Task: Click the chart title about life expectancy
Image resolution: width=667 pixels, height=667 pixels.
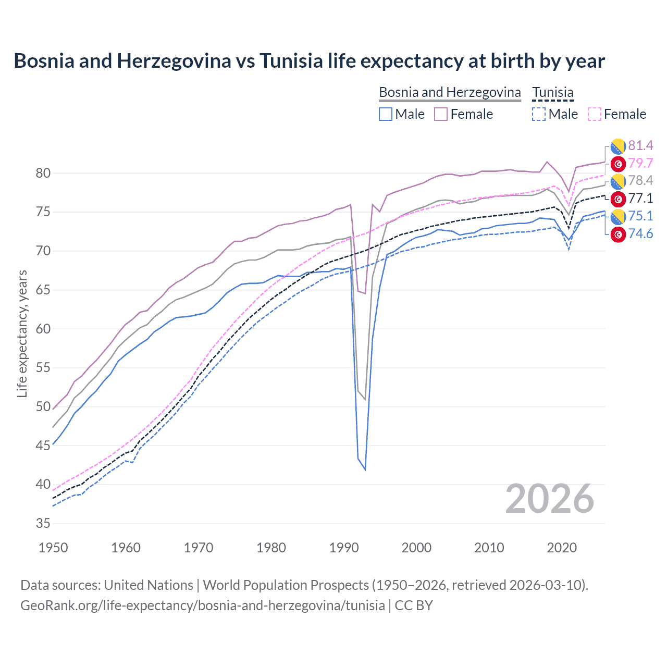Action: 309,61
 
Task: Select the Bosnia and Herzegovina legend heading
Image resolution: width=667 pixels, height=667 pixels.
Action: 450,92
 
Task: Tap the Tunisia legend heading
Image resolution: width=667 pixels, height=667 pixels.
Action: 552,92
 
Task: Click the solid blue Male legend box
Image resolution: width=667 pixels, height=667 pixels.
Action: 386,114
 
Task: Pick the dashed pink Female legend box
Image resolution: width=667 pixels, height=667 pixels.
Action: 595,114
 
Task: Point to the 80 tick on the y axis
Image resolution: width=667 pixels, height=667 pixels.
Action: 43,173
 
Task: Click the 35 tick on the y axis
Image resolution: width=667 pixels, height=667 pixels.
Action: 43,523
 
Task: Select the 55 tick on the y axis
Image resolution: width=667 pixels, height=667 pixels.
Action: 43,367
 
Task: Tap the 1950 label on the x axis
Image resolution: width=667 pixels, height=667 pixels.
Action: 53,548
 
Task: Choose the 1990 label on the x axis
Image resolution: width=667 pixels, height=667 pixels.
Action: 344,548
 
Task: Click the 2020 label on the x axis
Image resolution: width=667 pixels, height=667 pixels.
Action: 562,548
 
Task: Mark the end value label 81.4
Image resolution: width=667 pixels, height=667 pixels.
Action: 640,145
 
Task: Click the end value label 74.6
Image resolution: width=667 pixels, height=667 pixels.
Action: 640,233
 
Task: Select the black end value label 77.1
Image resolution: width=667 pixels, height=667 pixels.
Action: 640,198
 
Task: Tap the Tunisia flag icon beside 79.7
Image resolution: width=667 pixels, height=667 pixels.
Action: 618,164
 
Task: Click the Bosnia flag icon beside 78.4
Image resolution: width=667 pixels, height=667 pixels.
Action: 618,181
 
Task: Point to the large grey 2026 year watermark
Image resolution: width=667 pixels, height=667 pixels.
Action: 550,499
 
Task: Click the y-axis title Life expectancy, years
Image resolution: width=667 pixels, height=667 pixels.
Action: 22,333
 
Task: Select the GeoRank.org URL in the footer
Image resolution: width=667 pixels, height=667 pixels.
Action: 202,606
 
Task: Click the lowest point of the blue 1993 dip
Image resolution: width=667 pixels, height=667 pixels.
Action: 365,470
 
